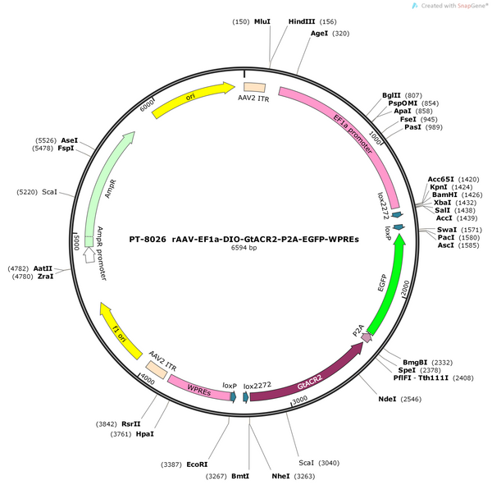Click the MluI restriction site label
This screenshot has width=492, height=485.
tap(262, 21)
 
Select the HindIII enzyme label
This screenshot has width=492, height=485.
tap(302, 21)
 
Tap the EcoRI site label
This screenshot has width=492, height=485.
tap(197, 464)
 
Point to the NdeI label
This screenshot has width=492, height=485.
tap(387, 399)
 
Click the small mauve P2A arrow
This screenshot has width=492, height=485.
tap(367, 337)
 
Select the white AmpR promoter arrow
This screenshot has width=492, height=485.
tap(89, 254)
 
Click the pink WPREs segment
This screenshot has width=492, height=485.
tap(199, 388)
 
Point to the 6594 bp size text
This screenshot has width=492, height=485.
tap(244, 248)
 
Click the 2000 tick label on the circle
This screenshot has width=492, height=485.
tap(405, 288)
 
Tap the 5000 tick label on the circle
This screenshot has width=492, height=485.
tap(77, 243)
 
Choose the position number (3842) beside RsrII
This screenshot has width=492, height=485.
tap(107, 424)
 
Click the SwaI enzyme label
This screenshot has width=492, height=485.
tap(447, 230)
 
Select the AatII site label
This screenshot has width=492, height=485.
tap(43, 268)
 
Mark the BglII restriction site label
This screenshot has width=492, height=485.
tap(391, 95)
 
